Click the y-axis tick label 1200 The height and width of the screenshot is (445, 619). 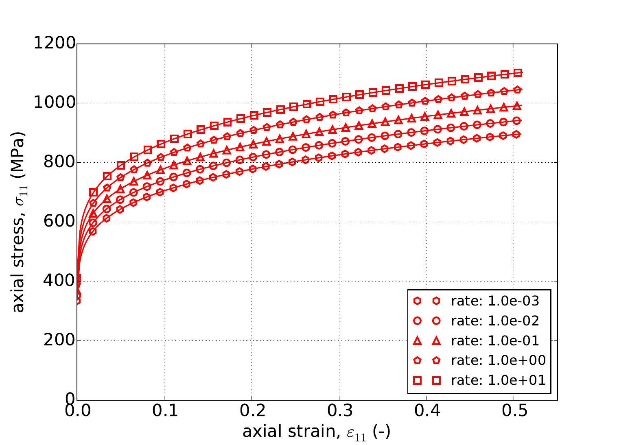coord(55,44)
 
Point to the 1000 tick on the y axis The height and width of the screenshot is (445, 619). coord(55,103)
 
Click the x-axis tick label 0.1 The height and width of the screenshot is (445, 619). coord(164,411)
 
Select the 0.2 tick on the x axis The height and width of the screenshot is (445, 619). coord(252,411)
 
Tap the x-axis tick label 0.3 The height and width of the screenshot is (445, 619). coord(339,411)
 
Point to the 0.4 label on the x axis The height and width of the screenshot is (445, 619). coord(427,411)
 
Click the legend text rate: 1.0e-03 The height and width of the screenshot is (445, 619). coord(495,301)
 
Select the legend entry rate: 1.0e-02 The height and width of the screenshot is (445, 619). coord(495,321)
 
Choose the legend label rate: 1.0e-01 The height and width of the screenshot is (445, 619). coord(495,341)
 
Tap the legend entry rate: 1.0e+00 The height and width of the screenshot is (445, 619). coord(498,360)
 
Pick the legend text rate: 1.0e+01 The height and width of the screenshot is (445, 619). coord(498,380)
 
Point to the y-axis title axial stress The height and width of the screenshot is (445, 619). coord(18,222)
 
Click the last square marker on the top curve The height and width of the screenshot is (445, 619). coord(518,73)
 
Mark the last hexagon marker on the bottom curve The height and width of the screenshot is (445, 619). coord(516,134)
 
